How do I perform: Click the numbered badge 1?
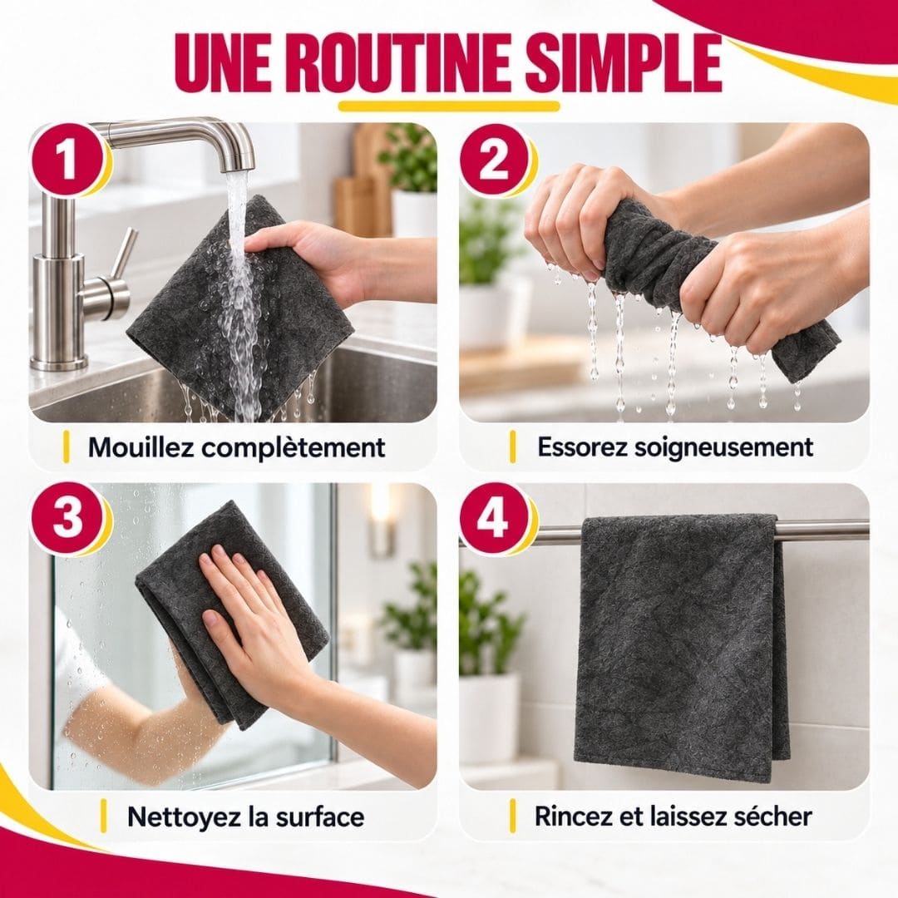(x=68, y=161)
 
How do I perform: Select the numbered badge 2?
(x=494, y=161)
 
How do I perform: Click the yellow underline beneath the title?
(x=449, y=106)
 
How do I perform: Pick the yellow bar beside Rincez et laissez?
(x=512, y=817)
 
